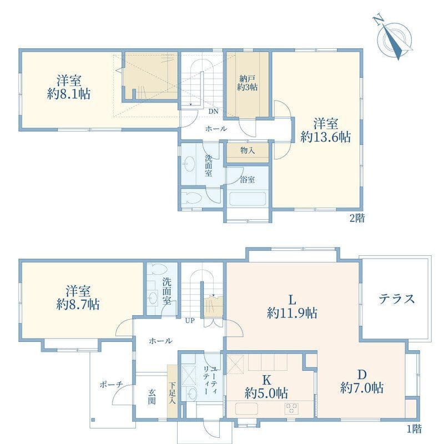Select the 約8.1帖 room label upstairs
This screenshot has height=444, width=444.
pos(69,87)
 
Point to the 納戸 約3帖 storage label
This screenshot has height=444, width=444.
pos(247,82)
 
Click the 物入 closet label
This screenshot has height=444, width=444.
pos(247,151)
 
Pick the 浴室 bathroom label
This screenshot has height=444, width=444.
pos(248,179)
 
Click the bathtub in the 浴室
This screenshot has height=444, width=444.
pos(248,199)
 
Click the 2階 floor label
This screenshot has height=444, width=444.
pos(357,218)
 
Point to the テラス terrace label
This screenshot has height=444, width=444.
pos(397,299)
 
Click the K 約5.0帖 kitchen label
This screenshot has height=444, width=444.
pos(266,386)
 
